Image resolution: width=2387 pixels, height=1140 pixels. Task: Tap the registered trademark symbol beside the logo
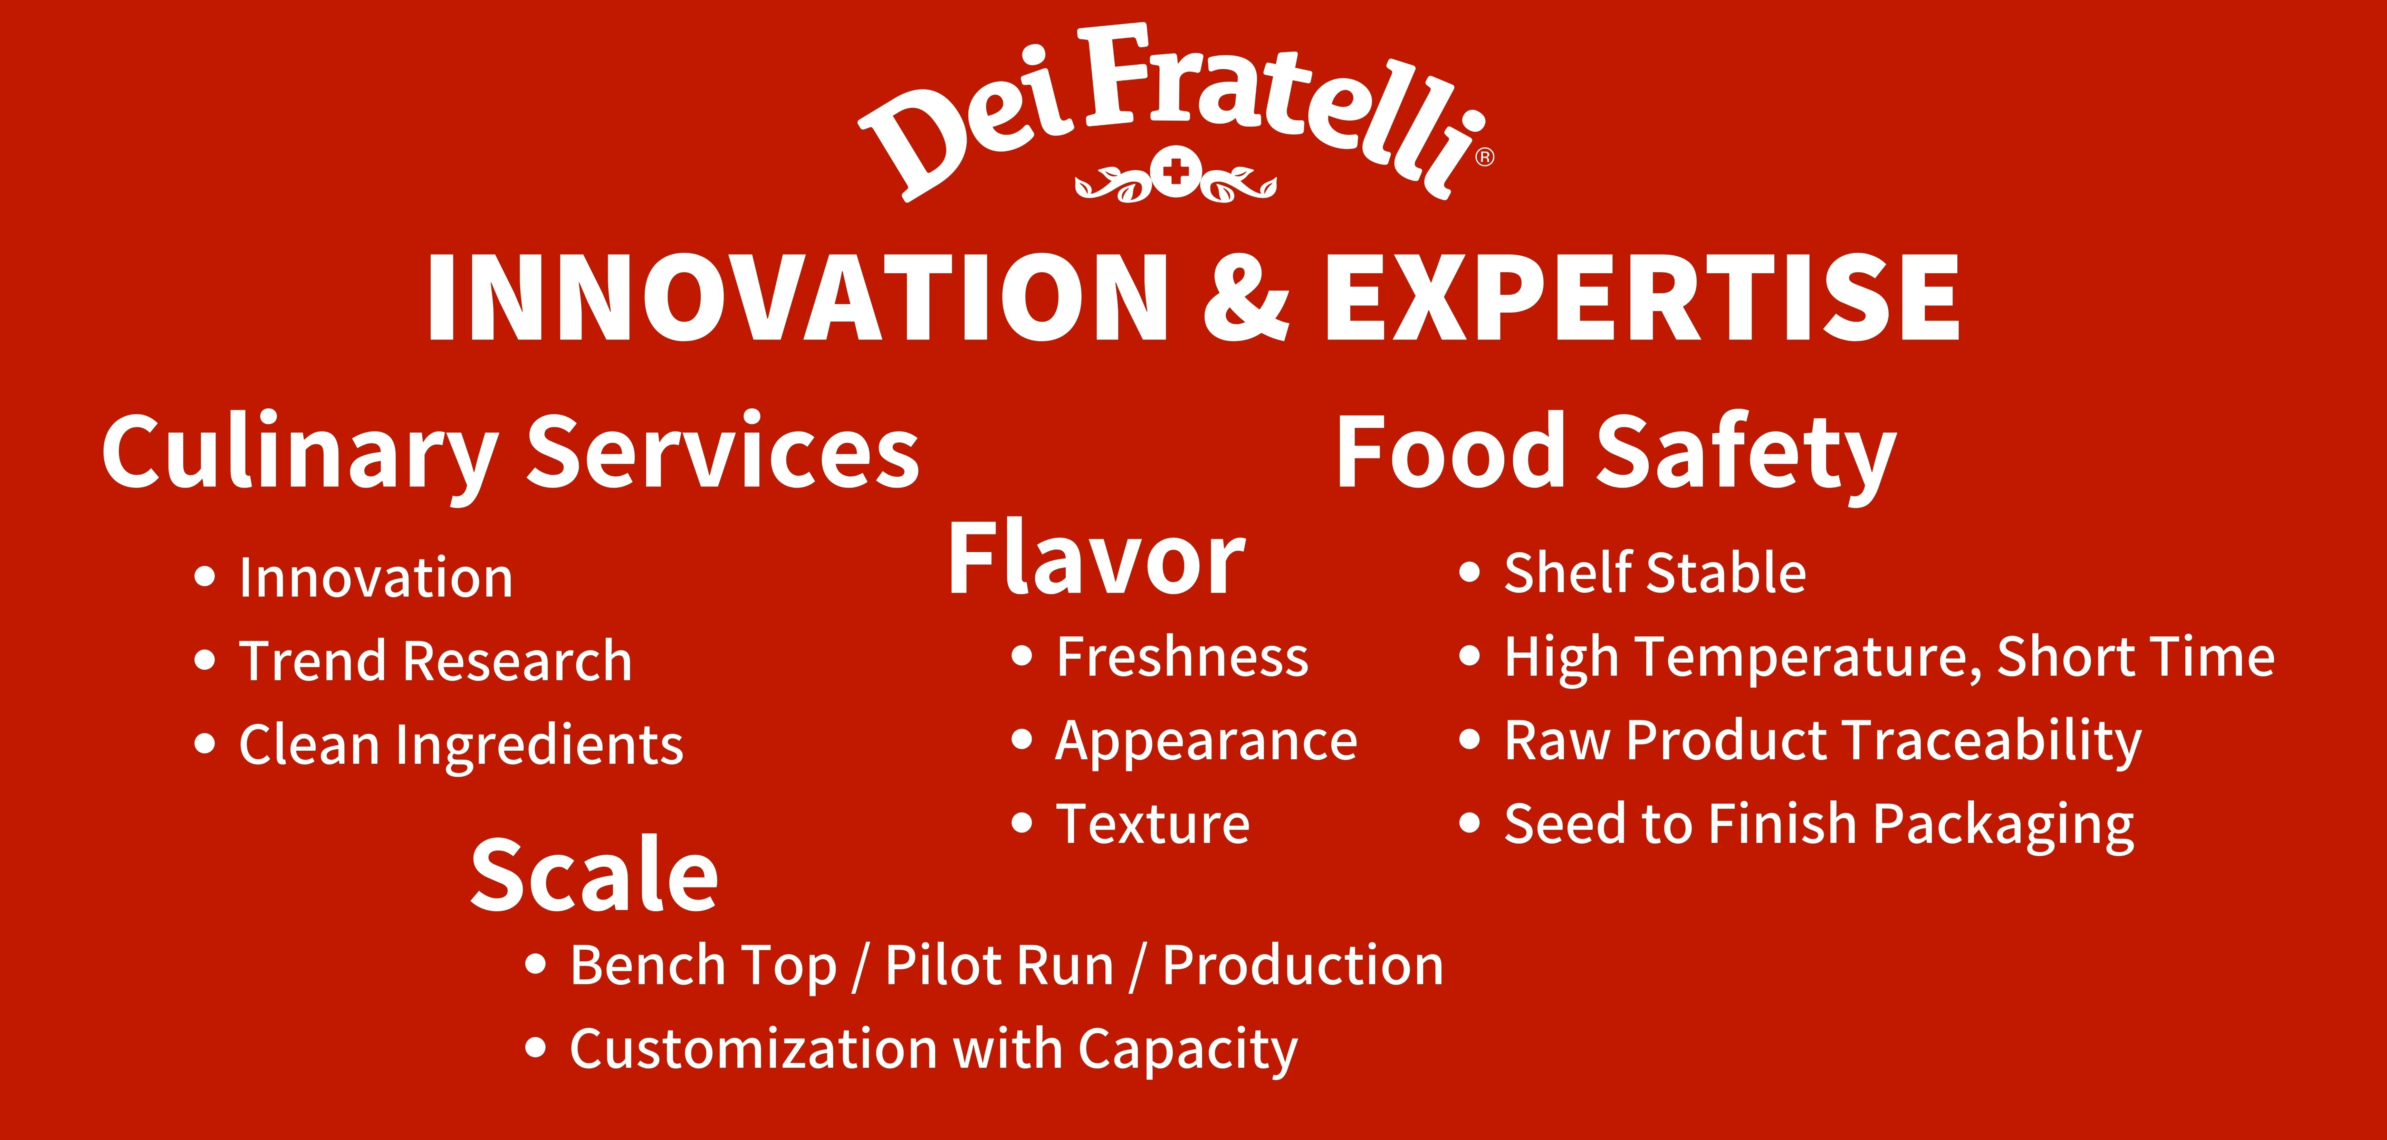1484,158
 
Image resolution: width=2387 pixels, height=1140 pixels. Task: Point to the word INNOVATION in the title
797,298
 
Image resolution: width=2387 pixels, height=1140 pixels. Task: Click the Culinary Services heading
510,454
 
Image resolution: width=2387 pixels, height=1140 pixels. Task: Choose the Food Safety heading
1615,454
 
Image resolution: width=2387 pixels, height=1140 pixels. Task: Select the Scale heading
594,874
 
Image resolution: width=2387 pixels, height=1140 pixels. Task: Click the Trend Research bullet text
435,661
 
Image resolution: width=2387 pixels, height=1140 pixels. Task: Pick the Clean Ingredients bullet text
461,744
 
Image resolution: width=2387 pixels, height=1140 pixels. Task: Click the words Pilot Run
999,966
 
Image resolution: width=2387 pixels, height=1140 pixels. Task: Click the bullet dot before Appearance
1022,741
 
